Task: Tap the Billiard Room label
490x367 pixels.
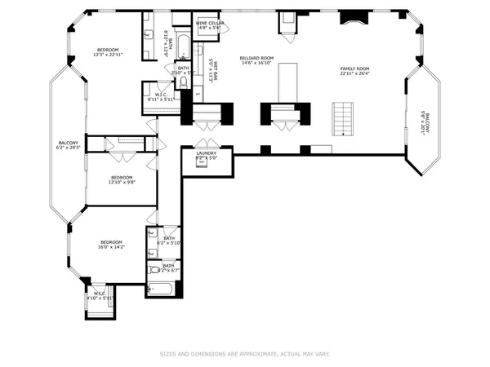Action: (256, 60)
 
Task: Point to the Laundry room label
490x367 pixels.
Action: (206, 155)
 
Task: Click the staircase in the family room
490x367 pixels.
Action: (344, 120)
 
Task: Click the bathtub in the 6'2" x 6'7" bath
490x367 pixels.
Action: (158, 288)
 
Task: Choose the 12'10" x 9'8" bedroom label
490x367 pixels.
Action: (122, 179)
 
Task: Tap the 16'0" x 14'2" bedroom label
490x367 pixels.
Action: (111, 244)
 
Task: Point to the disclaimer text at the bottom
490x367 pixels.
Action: (244, 354)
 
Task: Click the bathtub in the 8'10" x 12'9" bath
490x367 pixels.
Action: (183, 45)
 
